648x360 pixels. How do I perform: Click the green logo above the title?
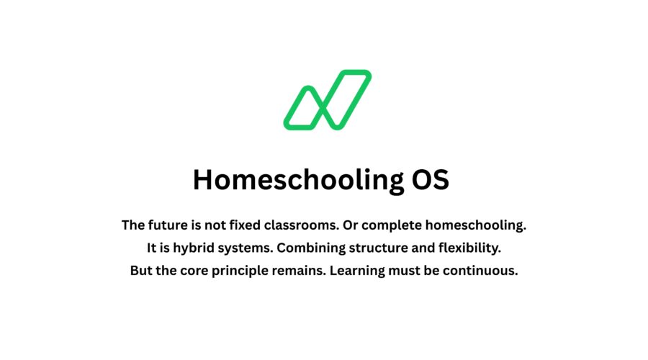[327, 101]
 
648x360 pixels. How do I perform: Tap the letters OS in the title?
[430, 180]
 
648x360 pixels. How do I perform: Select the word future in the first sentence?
[168, 225]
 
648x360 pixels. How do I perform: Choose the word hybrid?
[187, 248]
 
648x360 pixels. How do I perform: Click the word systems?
[243, 248]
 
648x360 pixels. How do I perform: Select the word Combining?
[310, 248]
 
